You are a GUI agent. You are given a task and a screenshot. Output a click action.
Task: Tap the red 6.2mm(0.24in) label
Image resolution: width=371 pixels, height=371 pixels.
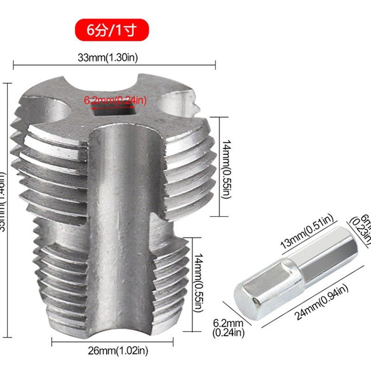tap(115, 100)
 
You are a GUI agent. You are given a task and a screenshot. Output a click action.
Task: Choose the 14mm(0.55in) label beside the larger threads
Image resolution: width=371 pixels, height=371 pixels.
tap(226, 170)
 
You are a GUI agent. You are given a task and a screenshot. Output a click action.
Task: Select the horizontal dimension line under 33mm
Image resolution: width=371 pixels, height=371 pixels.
tap(114, 65)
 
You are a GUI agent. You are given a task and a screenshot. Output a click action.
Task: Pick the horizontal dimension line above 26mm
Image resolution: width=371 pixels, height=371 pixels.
tap(112, 343)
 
